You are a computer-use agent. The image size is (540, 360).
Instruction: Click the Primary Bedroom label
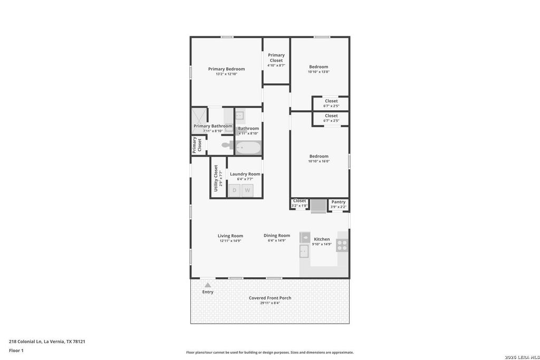tap(226, 69)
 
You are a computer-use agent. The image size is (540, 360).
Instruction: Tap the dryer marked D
tap(235, 190)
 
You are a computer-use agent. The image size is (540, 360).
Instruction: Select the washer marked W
tap(247, 190)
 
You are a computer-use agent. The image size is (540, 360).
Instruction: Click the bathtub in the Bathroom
tap(248, 148)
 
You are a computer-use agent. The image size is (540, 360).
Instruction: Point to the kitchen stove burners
tap(342, 245)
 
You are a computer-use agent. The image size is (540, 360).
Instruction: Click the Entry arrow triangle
tap(208, 285)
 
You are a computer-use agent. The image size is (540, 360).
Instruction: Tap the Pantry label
tap(339, 202)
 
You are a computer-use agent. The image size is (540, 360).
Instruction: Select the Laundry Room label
tap(245, 174)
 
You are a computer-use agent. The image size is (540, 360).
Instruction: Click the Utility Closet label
tap(216, 178)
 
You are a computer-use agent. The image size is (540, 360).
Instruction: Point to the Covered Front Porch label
tap(270, 298)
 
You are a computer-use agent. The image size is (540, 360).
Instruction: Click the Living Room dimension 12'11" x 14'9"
tap(230, 241)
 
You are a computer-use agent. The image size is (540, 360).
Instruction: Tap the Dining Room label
tap(277, 236)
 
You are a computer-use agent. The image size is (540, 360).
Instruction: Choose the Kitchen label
tap(322, 239)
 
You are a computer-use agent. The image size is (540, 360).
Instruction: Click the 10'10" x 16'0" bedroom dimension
tap(319, 161)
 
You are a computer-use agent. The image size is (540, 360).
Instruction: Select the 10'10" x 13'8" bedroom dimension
tap(319, 72)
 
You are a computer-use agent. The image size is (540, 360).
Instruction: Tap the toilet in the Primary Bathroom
tap(228, 145)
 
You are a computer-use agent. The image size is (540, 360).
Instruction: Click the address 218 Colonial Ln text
tap(25, 342)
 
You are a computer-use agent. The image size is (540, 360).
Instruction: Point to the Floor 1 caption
tap(16, 351)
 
